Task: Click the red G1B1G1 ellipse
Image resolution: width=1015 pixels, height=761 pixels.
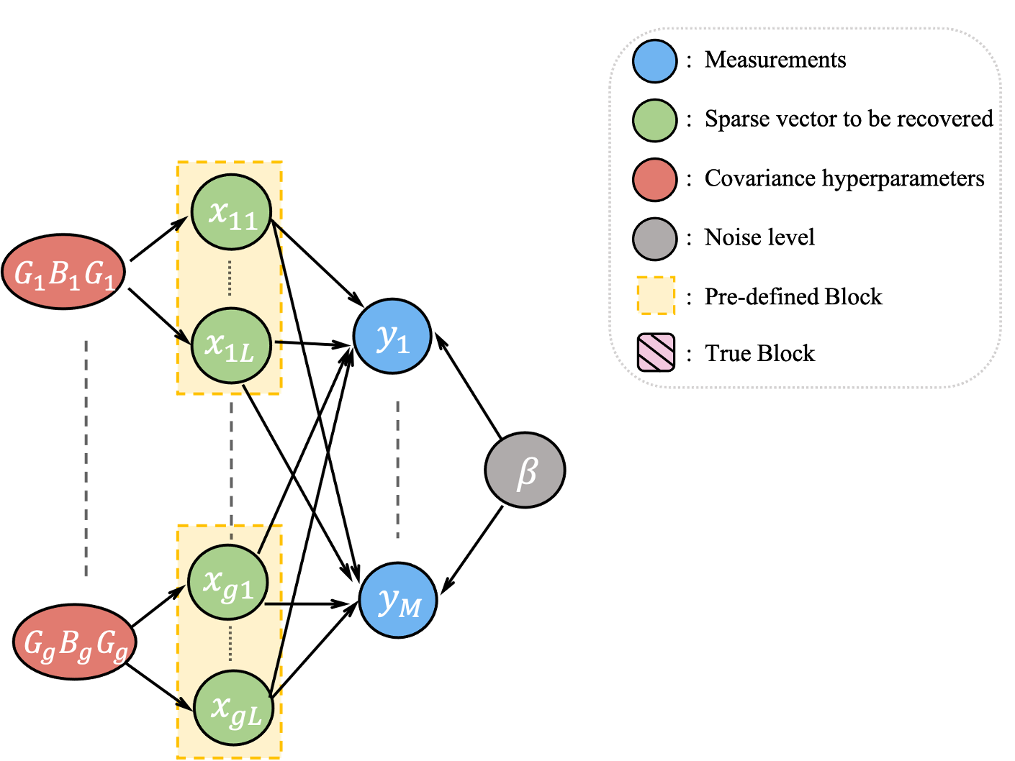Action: (x=63, y=272)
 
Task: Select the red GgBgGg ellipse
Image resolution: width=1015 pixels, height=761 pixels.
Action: (x=75, y=642)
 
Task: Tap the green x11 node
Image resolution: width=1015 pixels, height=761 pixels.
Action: (x=231, y=212)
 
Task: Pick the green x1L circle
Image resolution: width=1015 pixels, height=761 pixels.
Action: (x=231, y=346)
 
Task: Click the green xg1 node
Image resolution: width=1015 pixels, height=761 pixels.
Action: (x=228, y=583)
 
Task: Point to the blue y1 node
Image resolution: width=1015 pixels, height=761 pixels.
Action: (x=392, y=336)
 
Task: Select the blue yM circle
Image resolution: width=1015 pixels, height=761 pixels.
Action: (x=398, y=601)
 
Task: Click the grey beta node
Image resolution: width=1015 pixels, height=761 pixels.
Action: (x=525, y=470)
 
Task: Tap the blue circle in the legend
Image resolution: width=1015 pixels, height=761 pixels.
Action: (x=654, y=61)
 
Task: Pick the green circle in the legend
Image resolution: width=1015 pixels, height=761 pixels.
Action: (x=654, y=120)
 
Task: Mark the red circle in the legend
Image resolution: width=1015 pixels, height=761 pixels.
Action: (x=654, y=180)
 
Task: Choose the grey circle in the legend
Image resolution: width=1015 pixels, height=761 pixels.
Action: (x=654, y=239)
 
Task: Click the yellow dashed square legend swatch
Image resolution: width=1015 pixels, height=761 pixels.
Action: (x=656, y=296)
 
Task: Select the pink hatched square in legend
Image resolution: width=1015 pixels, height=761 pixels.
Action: (x=656, y=352)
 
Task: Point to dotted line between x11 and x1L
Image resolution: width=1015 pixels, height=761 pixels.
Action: (x=230, y=278)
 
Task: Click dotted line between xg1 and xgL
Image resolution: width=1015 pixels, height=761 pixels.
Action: (x=230, y=643)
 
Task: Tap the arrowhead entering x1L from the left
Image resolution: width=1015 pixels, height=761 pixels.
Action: (x=184, y=337)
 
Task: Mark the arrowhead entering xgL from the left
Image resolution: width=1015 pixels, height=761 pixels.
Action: (x=186, y=703)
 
